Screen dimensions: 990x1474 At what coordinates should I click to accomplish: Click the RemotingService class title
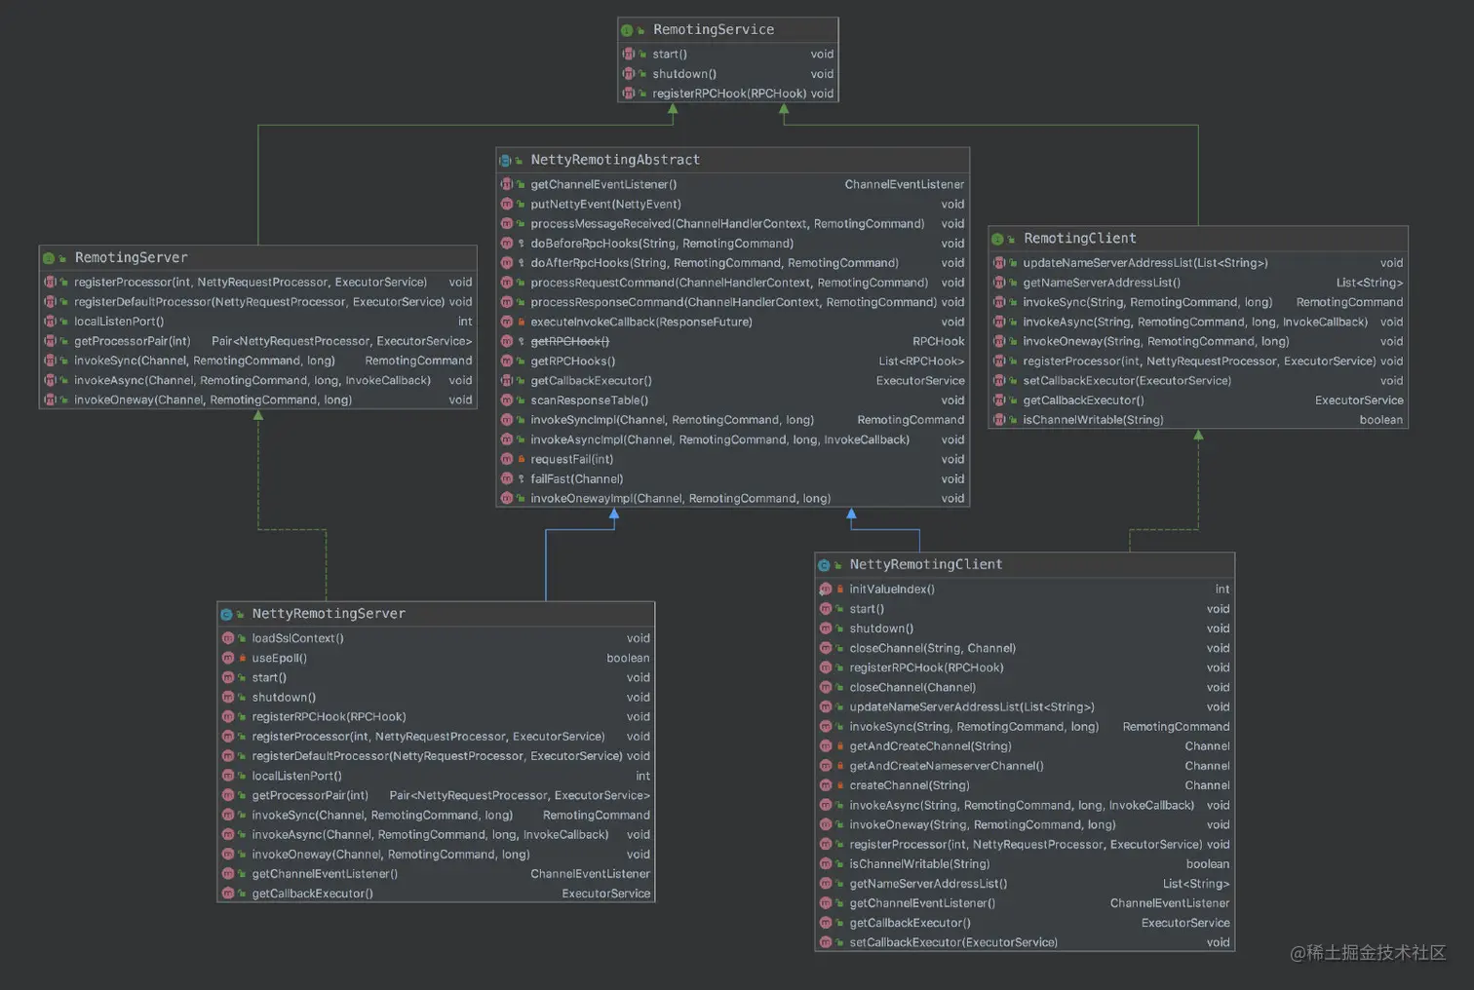pyautogui.click(x=713, y=30)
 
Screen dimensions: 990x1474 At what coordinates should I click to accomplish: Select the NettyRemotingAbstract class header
pyautogui.click(x=614, y=160)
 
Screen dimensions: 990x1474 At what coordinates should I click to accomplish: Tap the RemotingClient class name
pyautogui.click(x=1079, y=239)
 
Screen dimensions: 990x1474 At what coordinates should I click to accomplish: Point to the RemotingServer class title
pyautogui.click(x=131, y=258)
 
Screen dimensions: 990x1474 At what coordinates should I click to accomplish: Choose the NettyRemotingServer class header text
pyautogui.click(x=329, y=614)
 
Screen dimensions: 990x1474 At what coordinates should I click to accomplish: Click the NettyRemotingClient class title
pyautogui.click(x=925, y=565)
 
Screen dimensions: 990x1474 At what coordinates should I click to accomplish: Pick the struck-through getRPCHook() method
pyautogui.click(x=569, y=342)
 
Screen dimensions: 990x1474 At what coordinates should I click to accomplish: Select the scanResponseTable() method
pyautogui.click(x=589, y=400)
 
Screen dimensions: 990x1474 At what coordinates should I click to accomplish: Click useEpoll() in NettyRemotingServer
pyautogui.click(x=279, y=659)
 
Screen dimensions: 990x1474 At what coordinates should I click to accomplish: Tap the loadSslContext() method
pyautogui.click(x=297, y=639)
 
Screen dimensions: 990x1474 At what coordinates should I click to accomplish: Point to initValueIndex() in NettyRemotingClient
pyautogui.click(x=891, y=590)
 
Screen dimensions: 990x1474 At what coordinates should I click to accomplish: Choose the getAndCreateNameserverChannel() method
pyautogui.click(x=946, y=766)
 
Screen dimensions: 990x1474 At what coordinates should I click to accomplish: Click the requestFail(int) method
pyautogui.click(x=571, y=460)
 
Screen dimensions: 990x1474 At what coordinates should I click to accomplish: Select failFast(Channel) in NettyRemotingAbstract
pyautogui.click(x=576, y=479)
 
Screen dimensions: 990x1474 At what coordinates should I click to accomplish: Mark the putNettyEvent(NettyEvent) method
pyautogui.click(x=605, y=205)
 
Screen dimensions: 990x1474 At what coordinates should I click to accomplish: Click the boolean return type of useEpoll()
pyautogui.click(x=628, y=659)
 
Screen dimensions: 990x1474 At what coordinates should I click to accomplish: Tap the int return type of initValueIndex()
pyautogui.click(x=1222, y=590)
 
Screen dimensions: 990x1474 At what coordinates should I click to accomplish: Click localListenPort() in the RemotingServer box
pyautogui.click(x=119, y=322)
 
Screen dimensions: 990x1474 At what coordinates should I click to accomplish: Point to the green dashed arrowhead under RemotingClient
pyautogui.click(x=1198, y=436)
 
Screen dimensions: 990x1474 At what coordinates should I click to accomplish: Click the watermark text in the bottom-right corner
pyautogui.click(x=1367, y=953)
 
